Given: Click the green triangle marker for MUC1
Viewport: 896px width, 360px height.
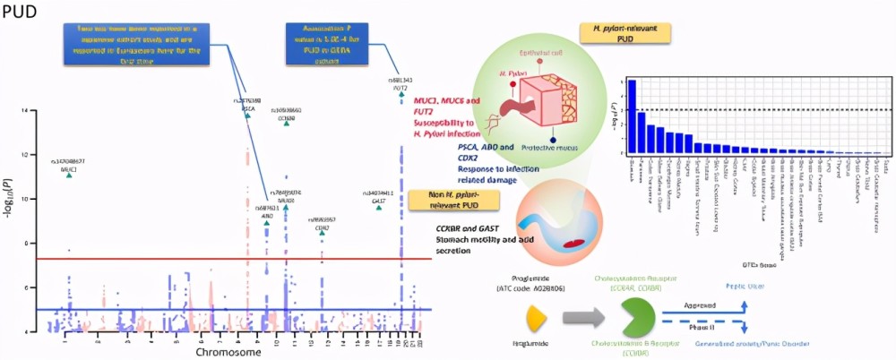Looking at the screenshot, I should [69, 176].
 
